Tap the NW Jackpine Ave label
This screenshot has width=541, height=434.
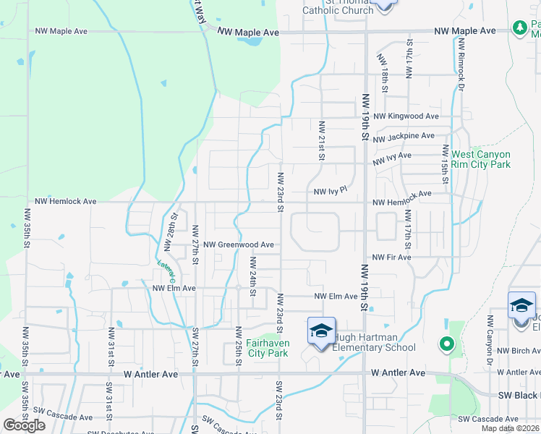click(x=404, y=135)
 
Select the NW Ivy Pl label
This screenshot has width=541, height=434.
click(x=331, y=192)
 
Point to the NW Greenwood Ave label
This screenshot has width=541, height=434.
click(x=239, y=245)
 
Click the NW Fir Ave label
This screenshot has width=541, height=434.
click(x=391, y=258)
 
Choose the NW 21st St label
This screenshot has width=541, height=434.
click(x=322, y=141)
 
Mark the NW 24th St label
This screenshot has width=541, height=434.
click(x=254, y=272)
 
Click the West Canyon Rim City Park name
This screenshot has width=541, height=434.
click(x=481, y=159)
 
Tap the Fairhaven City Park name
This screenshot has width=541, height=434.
click(x=257, y=348)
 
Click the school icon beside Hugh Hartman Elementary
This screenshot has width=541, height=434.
click(x=321, y=331)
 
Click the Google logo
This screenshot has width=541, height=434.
click(x=23, y=425)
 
